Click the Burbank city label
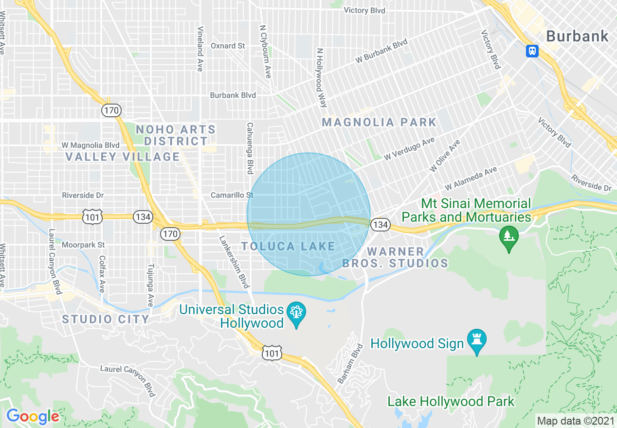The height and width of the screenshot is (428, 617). click(577, 36)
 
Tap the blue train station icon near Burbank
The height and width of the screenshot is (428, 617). click(532, 51)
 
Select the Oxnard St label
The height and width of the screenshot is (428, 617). click(228, 46)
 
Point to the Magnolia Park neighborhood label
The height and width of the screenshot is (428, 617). click(379, 122)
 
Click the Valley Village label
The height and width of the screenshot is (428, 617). click(123, 157)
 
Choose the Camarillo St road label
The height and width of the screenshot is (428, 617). click(232, 195)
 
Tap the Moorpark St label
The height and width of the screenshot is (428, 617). click(83, 244)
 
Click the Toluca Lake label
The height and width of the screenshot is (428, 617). click(289, 246)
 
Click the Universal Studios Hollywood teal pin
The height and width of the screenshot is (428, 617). click(295, 314)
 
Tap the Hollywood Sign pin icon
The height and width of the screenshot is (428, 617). click(476, 341)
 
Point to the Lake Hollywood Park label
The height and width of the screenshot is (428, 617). click(451, 401)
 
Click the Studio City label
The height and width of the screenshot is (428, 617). click(106, 319)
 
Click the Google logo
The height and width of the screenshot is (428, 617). click(33, 416)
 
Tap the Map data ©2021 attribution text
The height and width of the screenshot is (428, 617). click(576, 420)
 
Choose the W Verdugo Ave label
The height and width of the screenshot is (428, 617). click(409, 149)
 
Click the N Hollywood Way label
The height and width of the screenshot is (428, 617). click(321, 77)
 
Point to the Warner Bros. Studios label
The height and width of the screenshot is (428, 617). click(395, 257)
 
